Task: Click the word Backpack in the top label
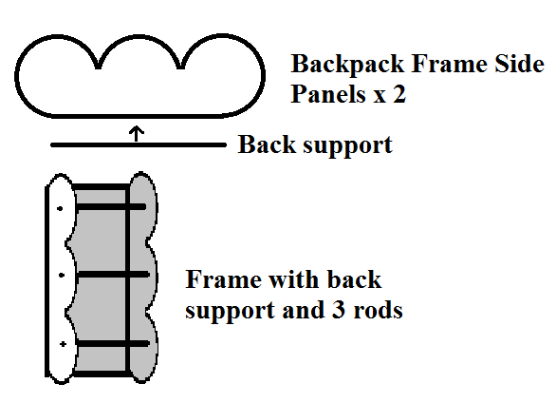347,65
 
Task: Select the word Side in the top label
520,64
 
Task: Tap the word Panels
328,94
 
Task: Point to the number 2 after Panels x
399,94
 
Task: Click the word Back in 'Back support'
267,144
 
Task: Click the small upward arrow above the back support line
137,133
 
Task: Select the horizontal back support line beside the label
139,144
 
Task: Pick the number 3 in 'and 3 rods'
339,309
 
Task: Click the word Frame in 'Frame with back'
222,279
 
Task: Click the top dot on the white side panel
60,208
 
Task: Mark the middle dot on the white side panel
62,276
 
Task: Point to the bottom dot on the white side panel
63,344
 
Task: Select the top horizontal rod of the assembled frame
111,206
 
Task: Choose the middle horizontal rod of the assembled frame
113,274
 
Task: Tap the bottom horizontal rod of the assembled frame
112,343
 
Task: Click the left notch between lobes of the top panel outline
99,67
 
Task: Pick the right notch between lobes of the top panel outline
180,67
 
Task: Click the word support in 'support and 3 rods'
230,310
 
